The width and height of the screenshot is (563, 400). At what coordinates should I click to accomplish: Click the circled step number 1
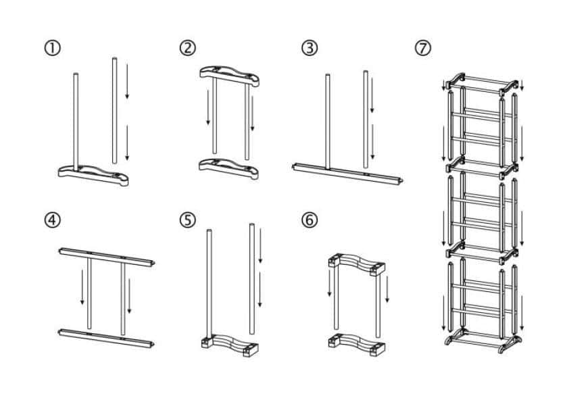click(x=53, y=49)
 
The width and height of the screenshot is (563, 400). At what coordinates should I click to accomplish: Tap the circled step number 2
click(x=187, y=49)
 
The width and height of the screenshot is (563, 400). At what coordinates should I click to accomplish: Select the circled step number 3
click(x=309, y=49)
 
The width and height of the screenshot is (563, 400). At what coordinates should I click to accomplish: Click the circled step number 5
click(x=187, y=221)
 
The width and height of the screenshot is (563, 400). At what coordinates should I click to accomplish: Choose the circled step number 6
click(x=309, y=221)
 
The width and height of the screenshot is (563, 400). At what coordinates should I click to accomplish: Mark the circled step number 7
click(x=423, y=49)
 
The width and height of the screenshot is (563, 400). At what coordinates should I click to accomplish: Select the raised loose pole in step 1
click(x=114, y=108)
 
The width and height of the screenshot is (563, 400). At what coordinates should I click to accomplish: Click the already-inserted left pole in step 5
click(x=210, y=284)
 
